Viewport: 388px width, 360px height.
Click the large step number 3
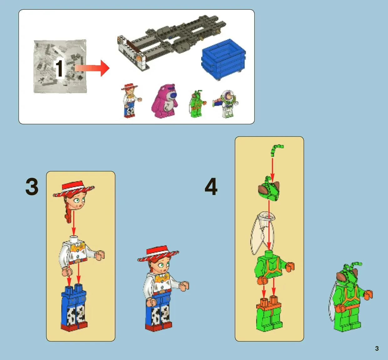tap(32, 187)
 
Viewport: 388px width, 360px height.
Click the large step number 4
tap(211, 187)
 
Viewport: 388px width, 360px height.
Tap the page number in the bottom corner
tap(377, 348)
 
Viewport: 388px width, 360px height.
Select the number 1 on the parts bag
tap(59, 68)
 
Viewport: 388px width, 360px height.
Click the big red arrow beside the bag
tap(92, 68)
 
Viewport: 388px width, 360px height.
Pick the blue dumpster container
tap(223, 59)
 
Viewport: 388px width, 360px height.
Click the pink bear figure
tap(165, 101)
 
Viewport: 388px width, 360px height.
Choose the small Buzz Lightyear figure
tap(226, 104)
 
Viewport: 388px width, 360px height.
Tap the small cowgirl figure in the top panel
tap(130, 101)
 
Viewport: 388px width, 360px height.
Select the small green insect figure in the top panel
tap(197, 104)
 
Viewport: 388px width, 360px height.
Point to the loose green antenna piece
tap(276, 150)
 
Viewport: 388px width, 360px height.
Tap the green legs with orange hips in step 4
tap(269, 313)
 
